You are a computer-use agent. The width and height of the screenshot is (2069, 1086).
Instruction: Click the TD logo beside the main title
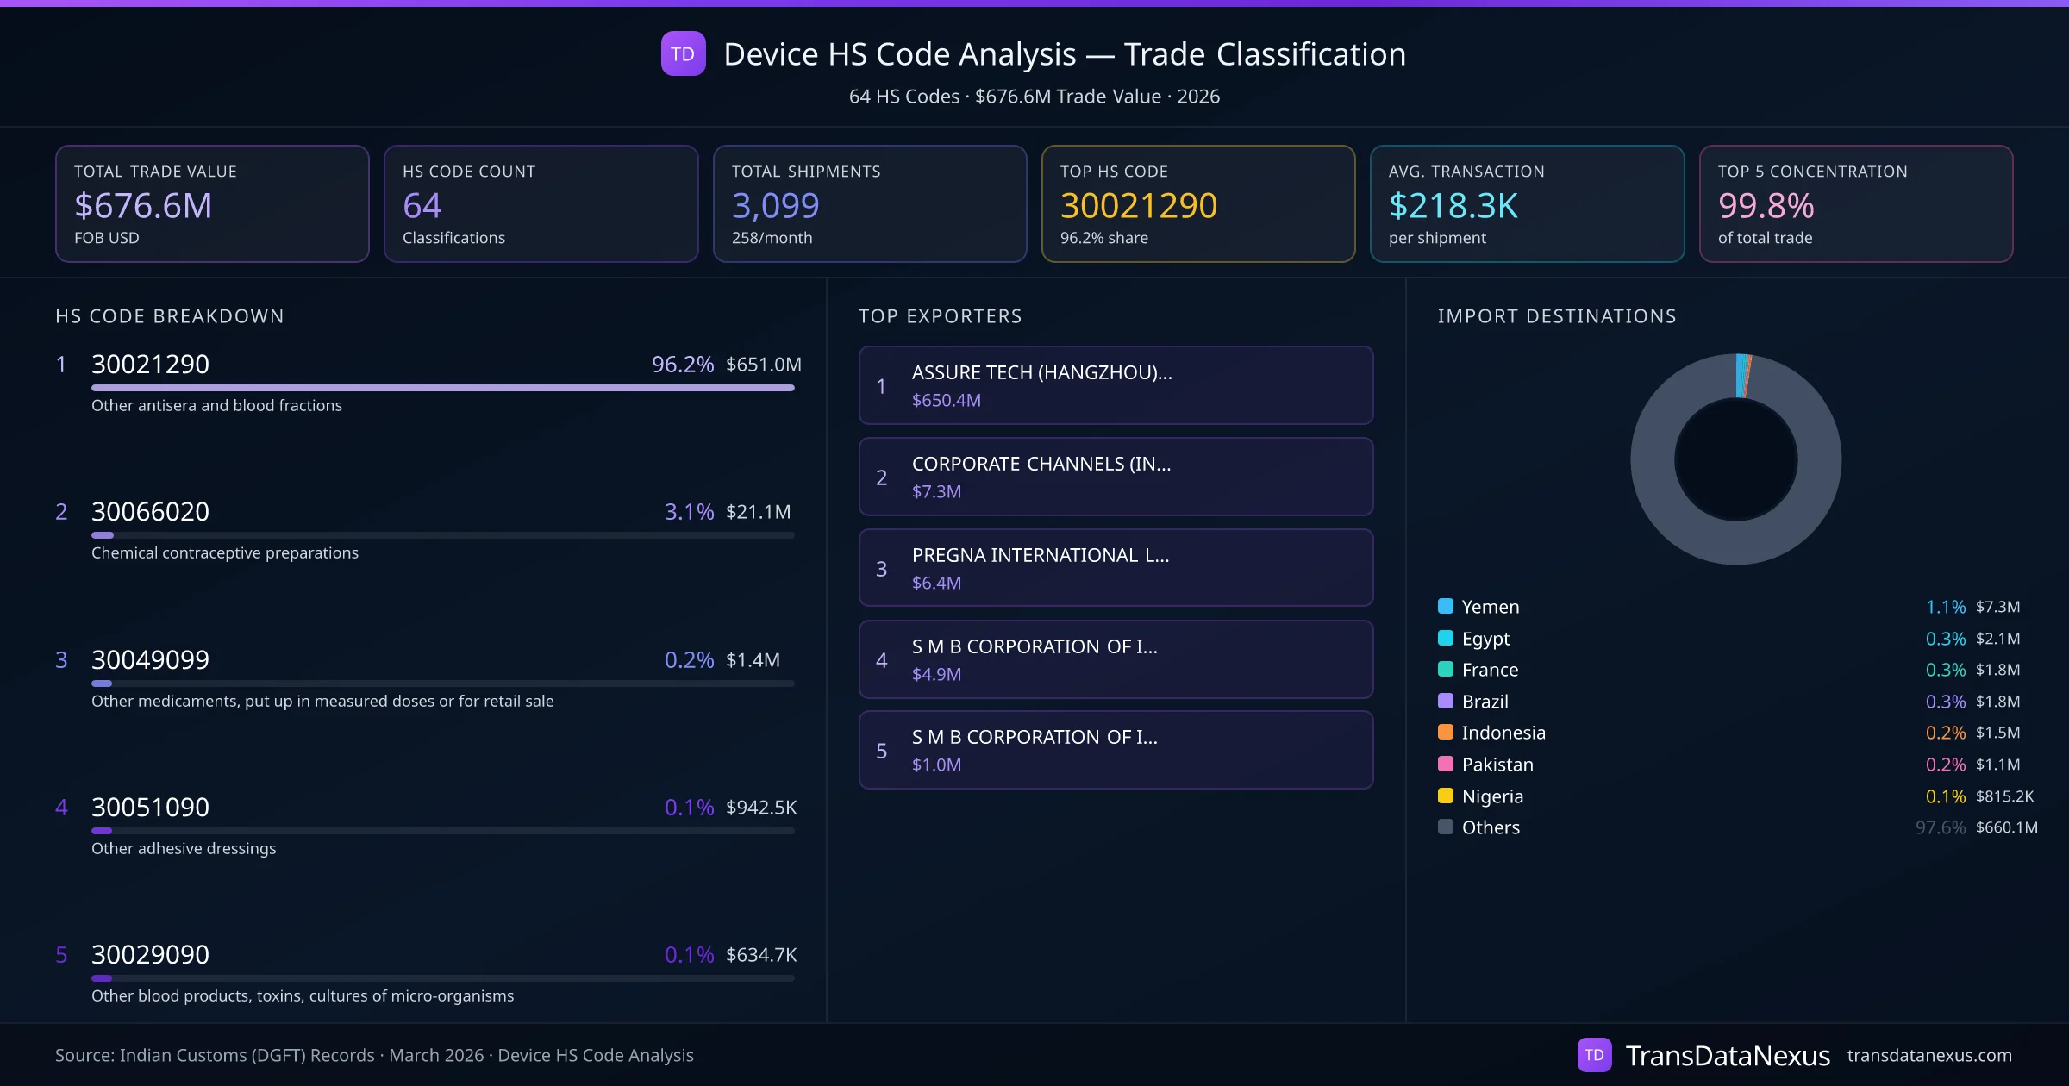click(x=683, y=54)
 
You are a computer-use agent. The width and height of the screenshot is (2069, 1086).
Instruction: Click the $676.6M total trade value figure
click(x=143, y=206)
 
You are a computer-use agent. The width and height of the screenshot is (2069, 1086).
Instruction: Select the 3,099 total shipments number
click(x=775, y=206)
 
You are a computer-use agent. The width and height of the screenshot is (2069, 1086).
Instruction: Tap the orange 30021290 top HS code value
click(x=1138, y=206)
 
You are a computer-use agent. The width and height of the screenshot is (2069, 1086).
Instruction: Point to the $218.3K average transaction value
click(x=1453, y=206)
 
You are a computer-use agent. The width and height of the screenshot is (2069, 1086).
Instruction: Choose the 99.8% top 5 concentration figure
click(x=1766, y=206)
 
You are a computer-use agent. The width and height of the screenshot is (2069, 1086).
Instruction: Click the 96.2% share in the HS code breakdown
click(x=682, y=365)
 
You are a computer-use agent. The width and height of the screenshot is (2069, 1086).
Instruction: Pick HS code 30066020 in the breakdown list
click(x=150, y=512)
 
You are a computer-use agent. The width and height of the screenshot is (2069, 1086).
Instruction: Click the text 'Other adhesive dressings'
click(x=184, y=849)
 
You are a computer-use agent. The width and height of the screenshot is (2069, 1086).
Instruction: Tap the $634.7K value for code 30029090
click(x=760, y=955)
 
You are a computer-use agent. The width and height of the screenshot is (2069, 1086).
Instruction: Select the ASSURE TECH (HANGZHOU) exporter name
click(x=1041, y=372)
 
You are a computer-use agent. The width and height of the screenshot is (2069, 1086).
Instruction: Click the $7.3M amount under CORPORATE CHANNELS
click(x=936, y=491)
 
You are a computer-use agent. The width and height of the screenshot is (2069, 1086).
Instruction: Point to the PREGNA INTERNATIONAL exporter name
click(x=1041, y=555)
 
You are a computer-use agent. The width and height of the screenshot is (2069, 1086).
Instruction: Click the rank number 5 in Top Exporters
click(x=881, y=751)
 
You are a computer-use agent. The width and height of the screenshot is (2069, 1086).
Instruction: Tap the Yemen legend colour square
click(x=1446, y=606)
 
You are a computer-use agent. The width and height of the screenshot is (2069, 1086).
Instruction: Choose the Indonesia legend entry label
click(x=1503, y=733)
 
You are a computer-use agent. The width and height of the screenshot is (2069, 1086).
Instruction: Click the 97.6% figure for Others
click(x=1940, y=827)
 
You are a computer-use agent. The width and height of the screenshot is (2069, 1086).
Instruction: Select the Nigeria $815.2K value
click(x=2004, y=796)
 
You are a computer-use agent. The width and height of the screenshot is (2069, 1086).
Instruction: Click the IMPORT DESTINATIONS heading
click(x=1557, y=316)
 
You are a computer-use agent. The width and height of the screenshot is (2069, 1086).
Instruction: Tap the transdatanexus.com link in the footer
click(x=1929, y=1055)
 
